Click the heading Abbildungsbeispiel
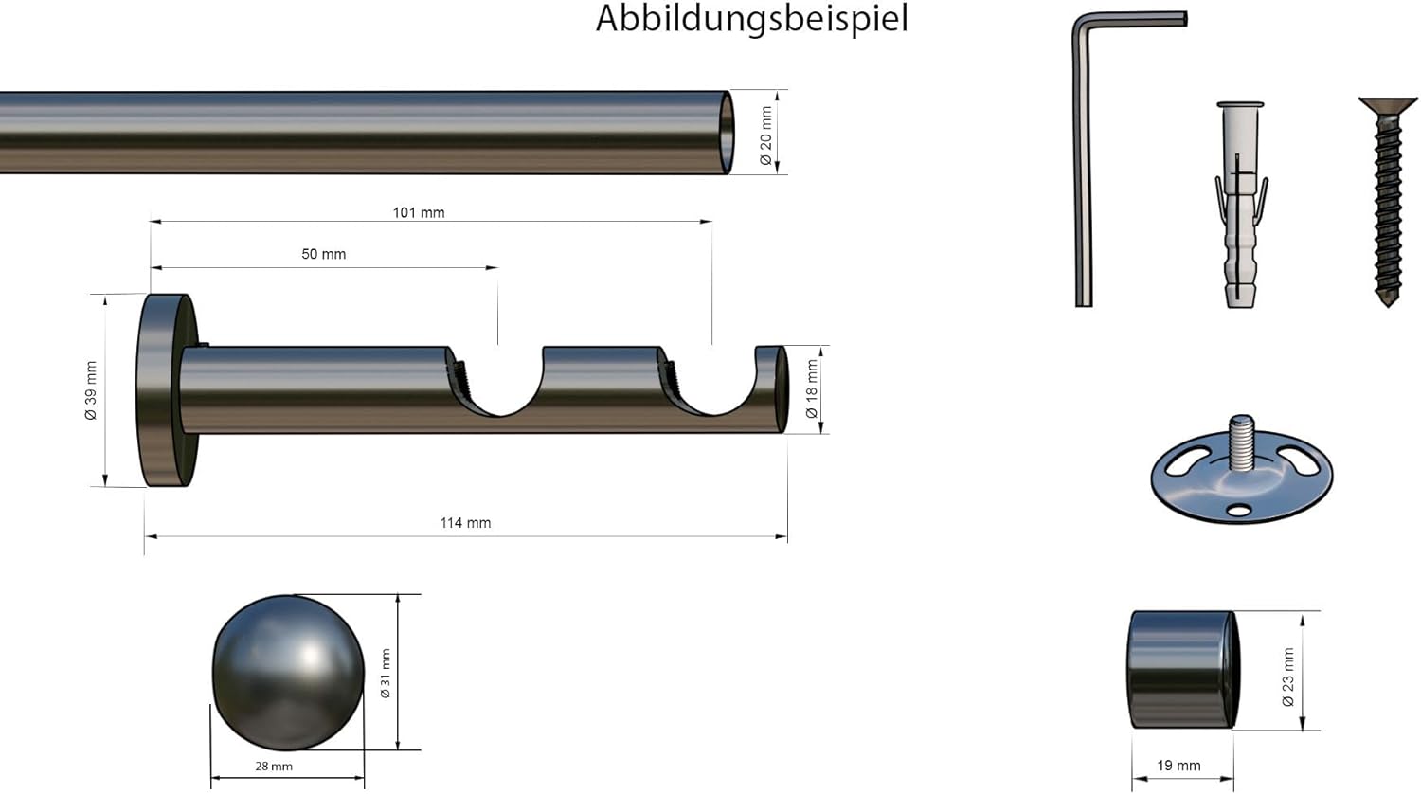pyautogui.click(x=752, y=19)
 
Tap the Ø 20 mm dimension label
pyautogui.click(x=765, y=135)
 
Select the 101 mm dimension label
pyautogui.click(x=419, y=212)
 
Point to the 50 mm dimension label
pyautogui.click(x=324, y=254)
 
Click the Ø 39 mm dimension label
pyautogui.click(x=91, y=390)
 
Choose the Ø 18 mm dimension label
pyautogui.click(x=811, y=389)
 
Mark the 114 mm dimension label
pyautogui.click(x=466, y=523)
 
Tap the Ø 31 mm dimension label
pyautogui.click(x=385, y=674)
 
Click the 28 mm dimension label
pyautogui.click(x=274, y=767)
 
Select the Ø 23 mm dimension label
pyautogui.click(x=1287, y=677)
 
